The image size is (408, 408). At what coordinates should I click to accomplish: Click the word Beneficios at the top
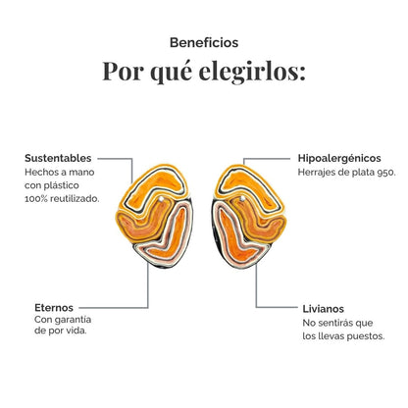tap(204, 42)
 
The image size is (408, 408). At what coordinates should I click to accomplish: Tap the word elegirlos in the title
tap(252, 72)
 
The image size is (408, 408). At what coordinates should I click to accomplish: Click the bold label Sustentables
tap(58, 158)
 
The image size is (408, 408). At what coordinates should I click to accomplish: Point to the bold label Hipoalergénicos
tap(339, 159)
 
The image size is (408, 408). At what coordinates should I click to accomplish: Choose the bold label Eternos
tap(54, 308)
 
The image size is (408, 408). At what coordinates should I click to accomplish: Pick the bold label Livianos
tap(323, 309)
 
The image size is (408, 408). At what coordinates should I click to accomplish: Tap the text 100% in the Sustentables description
tap(35, 198)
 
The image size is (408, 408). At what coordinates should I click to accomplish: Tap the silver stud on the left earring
tap(161, 199)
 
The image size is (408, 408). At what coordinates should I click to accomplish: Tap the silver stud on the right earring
tap(242, 198)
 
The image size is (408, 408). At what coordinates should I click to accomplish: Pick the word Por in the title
tap(124, 72)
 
